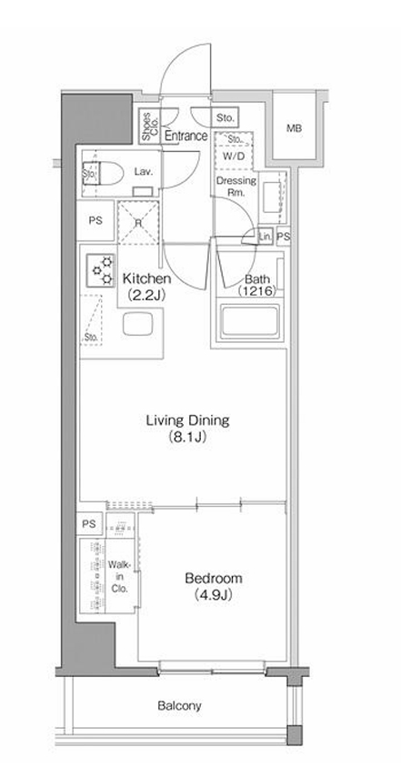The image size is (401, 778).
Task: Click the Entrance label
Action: (x=186, y=136)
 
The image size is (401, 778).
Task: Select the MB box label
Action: (x=294, y=128)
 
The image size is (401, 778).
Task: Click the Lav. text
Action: (x=143, y=170)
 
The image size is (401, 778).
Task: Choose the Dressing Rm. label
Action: (x=236, y=186)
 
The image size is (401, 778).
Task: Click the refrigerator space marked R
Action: (x=137, y=222)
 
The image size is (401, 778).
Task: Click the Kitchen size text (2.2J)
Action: (x=142, y=293)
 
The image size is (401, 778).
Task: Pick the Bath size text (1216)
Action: (x=255, y=292)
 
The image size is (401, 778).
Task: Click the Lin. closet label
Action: (x=265, y=236)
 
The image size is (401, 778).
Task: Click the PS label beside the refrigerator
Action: (x=95, y=219)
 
